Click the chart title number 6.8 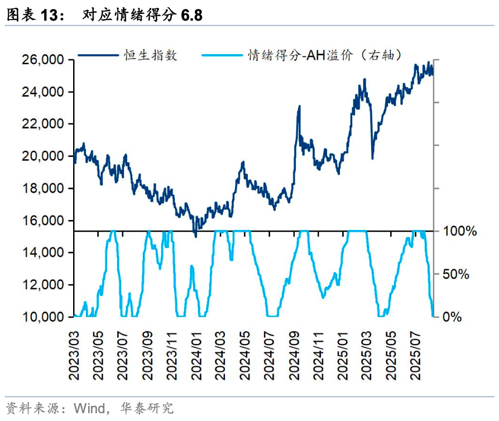tap(191, 16)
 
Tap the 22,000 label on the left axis tap(42, 124)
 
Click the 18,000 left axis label tap(42, 189)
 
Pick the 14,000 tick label tap(42, 253)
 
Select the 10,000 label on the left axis tap(42, 317)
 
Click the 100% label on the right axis tap(460, 231)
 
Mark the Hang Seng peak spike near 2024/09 tap(299, 106)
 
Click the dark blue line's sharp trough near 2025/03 tap(372, 158)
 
